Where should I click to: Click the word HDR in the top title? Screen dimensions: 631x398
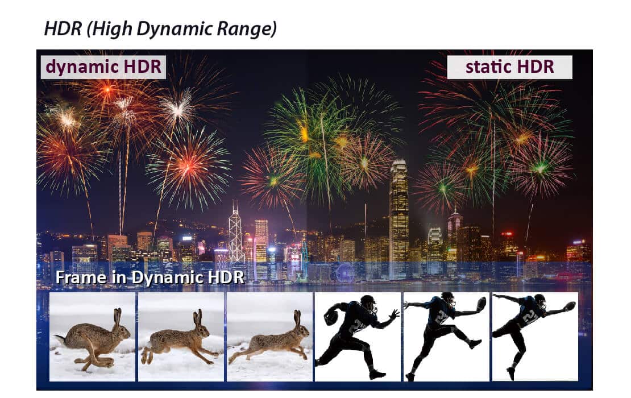tap(63, 28)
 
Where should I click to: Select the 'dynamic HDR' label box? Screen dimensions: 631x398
tap(103, 67)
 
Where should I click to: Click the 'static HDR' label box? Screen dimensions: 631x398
tap(509, 67)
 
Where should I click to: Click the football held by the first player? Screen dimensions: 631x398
tap(331, 316)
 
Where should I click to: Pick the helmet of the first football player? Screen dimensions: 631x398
tap(368, 303)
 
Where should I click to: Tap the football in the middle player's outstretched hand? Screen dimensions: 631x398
tap(480, 304)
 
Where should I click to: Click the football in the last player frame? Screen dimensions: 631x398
tap(570, 306)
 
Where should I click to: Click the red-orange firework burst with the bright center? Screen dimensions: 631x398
tap(188, 167)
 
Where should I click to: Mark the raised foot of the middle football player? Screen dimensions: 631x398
tap(475, 344)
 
